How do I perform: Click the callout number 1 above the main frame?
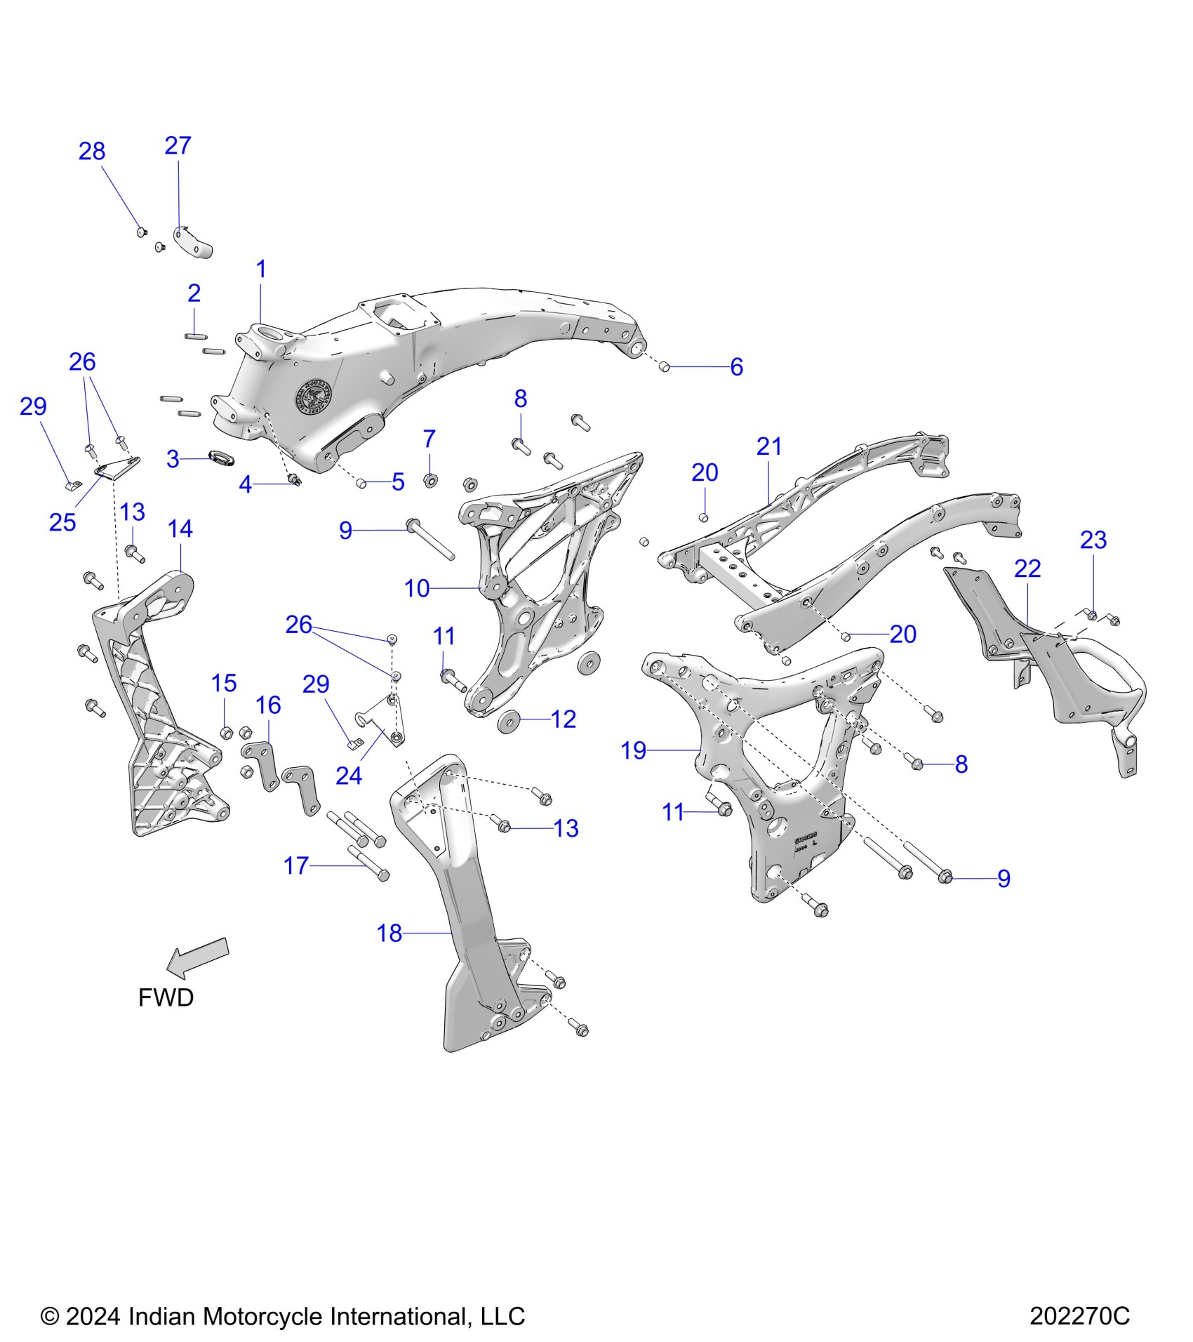[x=261, y=269]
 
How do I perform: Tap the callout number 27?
[x=178, y=145]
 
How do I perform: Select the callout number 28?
[x=92, y=151]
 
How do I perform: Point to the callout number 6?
[x=736, y=367]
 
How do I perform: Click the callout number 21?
[x=769, y=446]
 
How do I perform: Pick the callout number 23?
[x=1093, y=540]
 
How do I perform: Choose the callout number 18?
[x=389, y=933]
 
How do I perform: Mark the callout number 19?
[x=633, y=750]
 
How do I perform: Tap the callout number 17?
[x=295, y=865]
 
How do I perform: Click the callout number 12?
[x=564, y=719]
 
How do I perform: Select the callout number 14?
[x=180, y=529]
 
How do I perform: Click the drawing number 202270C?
[x=1079, y=1316]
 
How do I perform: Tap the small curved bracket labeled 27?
[x=193, y=243]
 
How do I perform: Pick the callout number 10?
[x=417, y=588]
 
